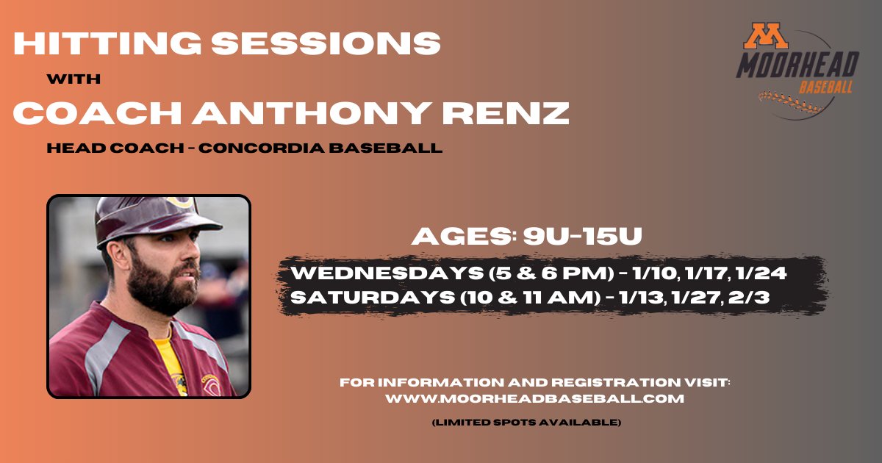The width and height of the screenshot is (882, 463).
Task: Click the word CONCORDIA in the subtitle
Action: click(x=263, y=148)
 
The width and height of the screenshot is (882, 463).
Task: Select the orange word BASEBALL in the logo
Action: click(x=826, y=88)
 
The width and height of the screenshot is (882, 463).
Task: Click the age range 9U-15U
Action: click(x=584, y=237)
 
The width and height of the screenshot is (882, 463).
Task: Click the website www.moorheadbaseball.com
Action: click(x=535, y=398)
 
